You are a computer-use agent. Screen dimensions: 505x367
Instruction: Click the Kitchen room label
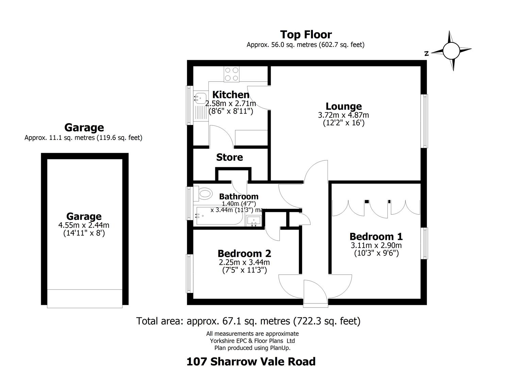231,94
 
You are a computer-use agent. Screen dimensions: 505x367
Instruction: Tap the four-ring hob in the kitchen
232,74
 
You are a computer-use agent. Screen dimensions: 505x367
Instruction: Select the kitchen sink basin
200,98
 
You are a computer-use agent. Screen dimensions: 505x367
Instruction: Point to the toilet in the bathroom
203,193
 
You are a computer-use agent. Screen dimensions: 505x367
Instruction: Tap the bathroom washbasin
254,221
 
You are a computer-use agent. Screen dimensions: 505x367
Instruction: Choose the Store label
230,157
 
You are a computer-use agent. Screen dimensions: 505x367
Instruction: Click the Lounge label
343,106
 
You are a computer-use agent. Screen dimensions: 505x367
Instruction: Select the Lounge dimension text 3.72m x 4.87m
343,115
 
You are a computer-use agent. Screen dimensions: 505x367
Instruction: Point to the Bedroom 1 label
376,237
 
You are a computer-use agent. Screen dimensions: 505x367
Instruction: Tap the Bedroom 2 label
244,254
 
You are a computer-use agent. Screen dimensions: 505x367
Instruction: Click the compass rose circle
451,51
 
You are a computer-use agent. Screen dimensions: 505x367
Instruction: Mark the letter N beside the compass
426,54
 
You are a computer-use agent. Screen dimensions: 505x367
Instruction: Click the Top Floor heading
306,34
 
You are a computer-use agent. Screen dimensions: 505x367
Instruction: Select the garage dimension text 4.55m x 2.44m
84,225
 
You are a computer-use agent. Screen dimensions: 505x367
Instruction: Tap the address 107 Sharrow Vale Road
251,362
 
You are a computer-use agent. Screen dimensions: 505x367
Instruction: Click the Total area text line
248,321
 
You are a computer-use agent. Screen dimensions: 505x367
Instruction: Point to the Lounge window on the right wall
424,121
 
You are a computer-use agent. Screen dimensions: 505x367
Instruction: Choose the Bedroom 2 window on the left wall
190,274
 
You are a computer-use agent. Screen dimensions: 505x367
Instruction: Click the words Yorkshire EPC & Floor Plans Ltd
252,341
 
